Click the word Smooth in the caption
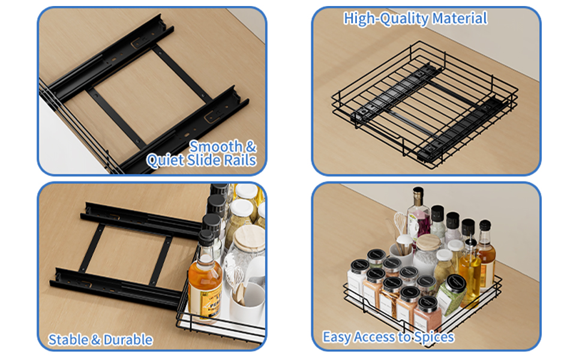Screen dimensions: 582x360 [215, 146]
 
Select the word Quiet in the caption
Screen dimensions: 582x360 [165, 160]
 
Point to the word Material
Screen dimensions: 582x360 [460, 18]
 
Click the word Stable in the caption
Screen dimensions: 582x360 [68, 340]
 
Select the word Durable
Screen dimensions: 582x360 [128, 340]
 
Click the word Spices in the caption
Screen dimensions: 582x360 [434, 337]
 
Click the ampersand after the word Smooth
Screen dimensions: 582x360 [251, 146]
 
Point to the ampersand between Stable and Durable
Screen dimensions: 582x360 [96, 340]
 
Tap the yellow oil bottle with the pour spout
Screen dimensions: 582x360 [470, 267]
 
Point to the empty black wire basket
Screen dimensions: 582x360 [425, 104]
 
